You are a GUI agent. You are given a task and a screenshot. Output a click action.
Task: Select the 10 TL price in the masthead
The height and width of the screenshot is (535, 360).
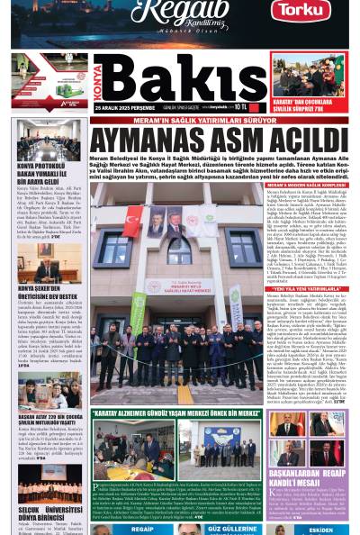click(240, 105)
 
